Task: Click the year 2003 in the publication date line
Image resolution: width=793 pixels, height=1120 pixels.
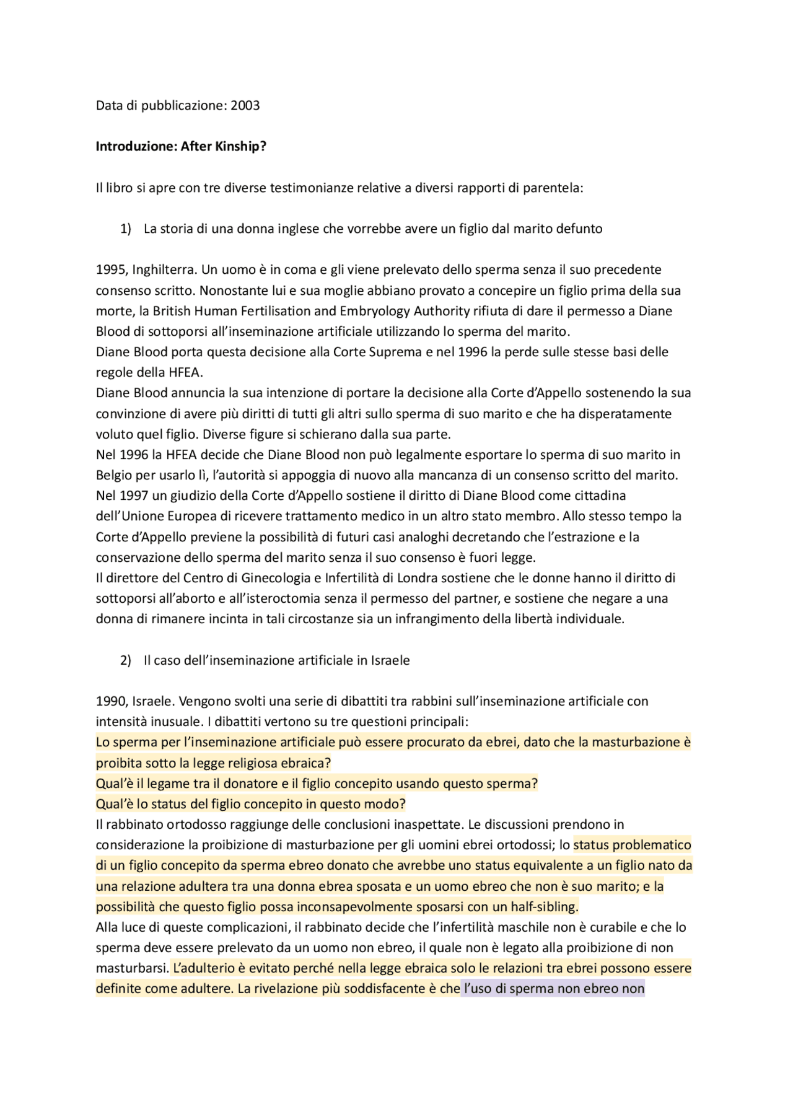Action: (245, 106)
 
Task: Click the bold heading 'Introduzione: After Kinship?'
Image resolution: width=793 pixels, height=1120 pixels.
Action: (181, 147)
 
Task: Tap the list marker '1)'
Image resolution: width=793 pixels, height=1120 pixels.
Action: (126, 229)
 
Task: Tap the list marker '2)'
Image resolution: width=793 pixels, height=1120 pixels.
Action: (126, 661)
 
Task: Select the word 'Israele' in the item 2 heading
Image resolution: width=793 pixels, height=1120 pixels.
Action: (390, 661)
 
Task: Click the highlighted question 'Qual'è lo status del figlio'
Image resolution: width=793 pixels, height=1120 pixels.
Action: (250, 805)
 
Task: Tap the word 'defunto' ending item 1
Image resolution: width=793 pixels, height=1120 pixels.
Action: (579, 229)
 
